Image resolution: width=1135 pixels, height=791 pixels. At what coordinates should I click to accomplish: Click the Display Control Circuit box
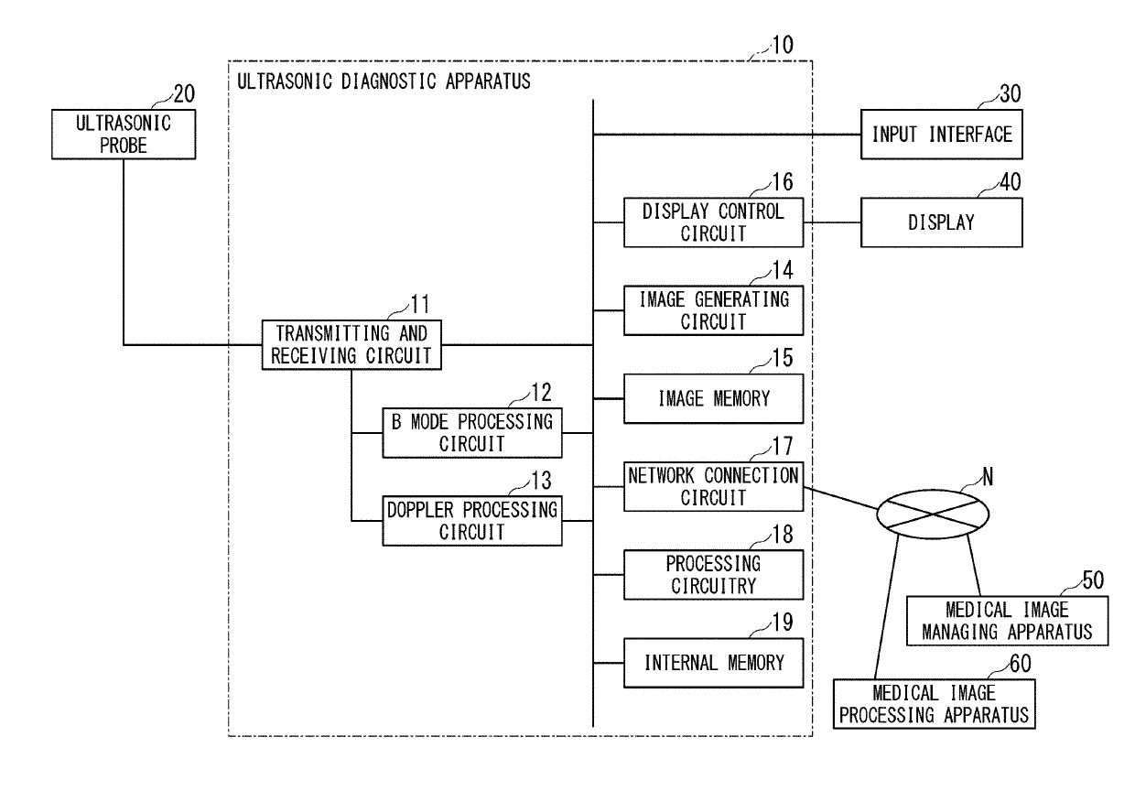point(713,222)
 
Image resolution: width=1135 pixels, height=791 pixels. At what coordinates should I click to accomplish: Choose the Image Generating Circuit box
point(713,309)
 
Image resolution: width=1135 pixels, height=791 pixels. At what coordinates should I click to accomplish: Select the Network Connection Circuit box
point(713,485)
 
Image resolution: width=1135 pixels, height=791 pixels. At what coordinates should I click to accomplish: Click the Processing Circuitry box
point(713,574)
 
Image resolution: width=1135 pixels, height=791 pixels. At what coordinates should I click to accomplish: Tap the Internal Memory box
point(713,662)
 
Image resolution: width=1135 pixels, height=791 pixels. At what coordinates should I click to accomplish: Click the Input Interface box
point(942,135)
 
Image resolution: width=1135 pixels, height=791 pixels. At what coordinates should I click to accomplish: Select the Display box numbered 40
point(942,222)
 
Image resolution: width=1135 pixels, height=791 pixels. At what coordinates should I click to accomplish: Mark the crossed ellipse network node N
point(934,514)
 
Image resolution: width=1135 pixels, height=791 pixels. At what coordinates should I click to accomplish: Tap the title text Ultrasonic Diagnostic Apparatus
point(384,81)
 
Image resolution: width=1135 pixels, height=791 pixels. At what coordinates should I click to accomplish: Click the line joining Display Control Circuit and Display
point(832,222)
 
